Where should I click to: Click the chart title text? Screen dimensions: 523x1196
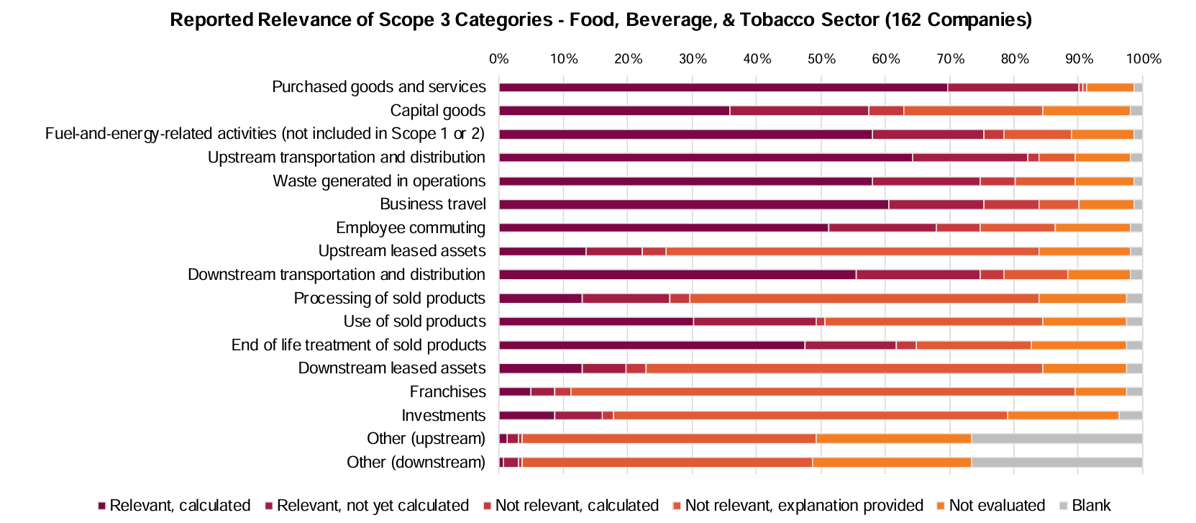tap(601, 19)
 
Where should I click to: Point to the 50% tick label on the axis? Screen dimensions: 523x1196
tap(821, 59)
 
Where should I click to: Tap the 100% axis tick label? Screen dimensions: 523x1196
tap(1143, 59)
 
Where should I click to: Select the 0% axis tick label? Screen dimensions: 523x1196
tap(499, 59)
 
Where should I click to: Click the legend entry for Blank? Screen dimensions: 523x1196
tap(1090, 506)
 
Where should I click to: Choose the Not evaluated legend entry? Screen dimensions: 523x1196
tap(996, 506)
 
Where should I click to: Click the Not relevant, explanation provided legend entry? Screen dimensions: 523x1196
tap(803, 506)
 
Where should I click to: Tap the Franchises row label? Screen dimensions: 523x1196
tap(447, 392)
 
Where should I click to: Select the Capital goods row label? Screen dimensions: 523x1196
tap(437, 111)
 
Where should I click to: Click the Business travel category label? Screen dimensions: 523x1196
tap(432, 204)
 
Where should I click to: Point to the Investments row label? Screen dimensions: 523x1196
tap(443, 416)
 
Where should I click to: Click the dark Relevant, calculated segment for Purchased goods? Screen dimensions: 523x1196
tap(723, 88)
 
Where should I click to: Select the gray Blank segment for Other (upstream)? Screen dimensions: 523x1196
tap(1056, 439)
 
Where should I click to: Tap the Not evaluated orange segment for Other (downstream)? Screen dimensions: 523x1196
tap(891, 463)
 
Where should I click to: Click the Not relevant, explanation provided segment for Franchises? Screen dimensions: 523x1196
tap(823, 392)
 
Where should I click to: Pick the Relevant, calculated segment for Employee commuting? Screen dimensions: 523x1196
tap(663, 228)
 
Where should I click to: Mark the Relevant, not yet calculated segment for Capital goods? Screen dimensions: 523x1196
tap(799, 111)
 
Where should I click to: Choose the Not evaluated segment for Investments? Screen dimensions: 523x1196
tap(1062, 416)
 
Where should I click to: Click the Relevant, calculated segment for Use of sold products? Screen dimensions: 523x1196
tap(596, 322)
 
